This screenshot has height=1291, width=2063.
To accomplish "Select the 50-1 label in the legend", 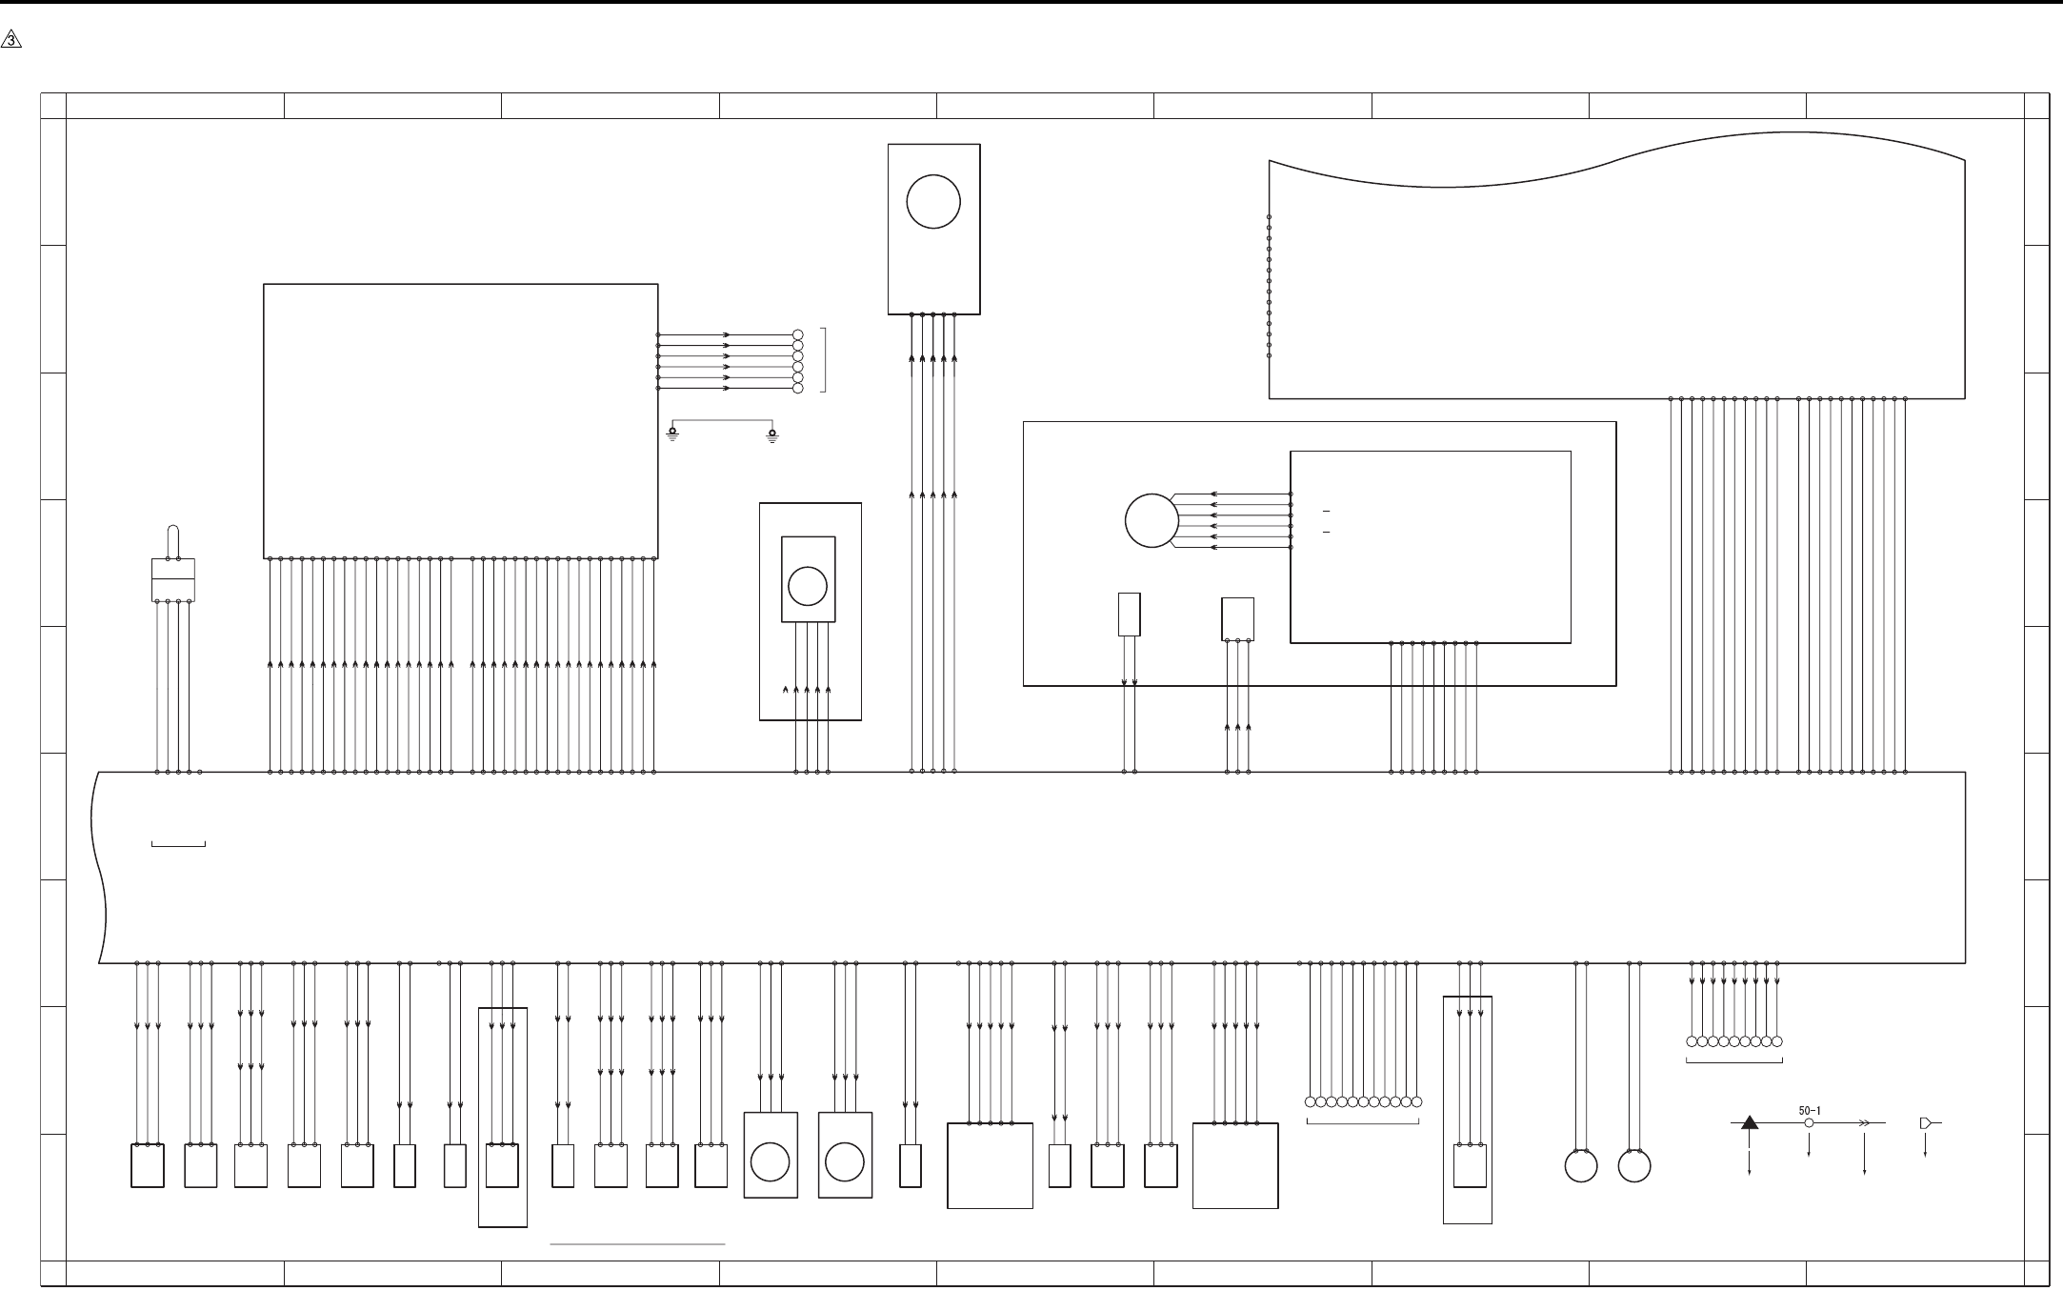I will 1810,1110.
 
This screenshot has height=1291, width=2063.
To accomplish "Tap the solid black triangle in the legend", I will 1750,1122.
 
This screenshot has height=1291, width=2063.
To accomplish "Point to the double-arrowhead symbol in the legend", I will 1864,1123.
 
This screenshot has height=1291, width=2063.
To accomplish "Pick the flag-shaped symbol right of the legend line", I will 1926,1123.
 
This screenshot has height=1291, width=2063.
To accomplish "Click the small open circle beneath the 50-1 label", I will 1809,1123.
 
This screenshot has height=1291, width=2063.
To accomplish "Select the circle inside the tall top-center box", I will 933,202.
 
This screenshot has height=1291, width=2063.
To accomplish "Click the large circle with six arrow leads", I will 1152,521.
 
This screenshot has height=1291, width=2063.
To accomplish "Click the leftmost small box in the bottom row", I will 147,1165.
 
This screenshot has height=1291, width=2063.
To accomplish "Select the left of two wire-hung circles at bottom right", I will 1581,1166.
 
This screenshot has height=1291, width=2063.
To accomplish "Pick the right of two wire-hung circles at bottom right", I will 1634,1166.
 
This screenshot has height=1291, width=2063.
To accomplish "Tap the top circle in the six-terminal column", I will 798,335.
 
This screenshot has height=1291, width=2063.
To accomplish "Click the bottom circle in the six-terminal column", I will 798,389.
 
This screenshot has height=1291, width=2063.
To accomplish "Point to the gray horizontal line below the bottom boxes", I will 638,1243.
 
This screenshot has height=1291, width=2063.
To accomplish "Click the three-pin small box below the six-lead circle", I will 1237,619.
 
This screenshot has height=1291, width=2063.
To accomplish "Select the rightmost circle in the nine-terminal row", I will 1776,1041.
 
